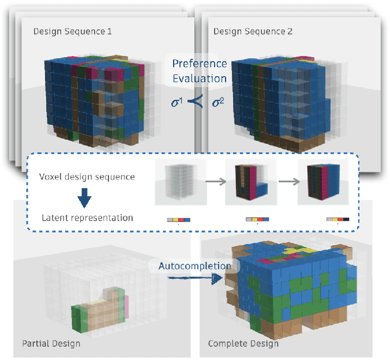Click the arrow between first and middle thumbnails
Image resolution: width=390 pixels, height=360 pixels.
[216, 181]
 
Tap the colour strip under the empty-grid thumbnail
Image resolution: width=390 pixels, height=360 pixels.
[179, 219]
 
